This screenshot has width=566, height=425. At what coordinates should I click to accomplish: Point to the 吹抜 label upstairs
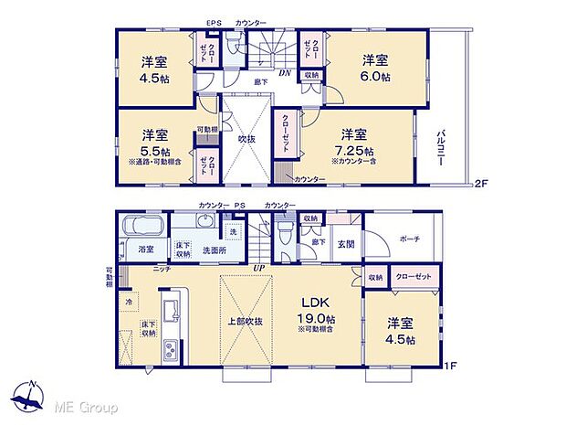[x=246, y=139]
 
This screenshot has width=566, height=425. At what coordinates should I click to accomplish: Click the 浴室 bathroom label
[x=145, y=248]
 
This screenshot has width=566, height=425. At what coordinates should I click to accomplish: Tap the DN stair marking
[x=286, y=73]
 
